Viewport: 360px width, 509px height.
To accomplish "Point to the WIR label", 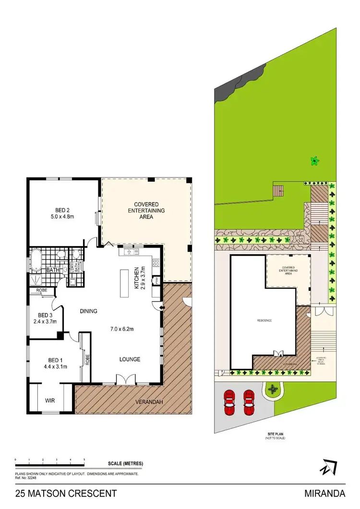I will click(50, 399).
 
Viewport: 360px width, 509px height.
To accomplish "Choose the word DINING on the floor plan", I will click(88, 311).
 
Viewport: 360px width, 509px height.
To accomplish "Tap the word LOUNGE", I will click(130, 359).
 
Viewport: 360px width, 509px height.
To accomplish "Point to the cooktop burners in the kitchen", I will click(156, 262).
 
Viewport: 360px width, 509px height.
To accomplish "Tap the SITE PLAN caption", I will click(275, 435).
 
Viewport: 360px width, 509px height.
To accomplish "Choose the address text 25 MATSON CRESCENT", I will click(66, 493).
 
